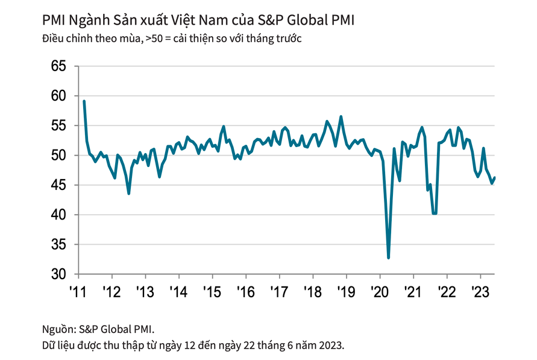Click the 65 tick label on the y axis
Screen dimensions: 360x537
click(x=58, y=66)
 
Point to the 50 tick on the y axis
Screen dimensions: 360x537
click(x=58, y=156)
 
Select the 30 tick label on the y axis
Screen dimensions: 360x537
click(x=58, y=274)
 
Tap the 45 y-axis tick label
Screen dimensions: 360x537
click(x=58, y=185)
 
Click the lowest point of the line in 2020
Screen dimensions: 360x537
click(x=388, y=257)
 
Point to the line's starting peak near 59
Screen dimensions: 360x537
click(x=84, y=101)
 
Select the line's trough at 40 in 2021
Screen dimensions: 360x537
click(x=434, y=213)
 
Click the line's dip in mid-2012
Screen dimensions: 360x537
click(x=128, y=193)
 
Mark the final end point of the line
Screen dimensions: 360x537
click(x=495, y=177)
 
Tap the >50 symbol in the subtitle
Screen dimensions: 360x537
click(x=154, y=39)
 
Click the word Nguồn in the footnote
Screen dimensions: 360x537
click(x=58, y=329)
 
